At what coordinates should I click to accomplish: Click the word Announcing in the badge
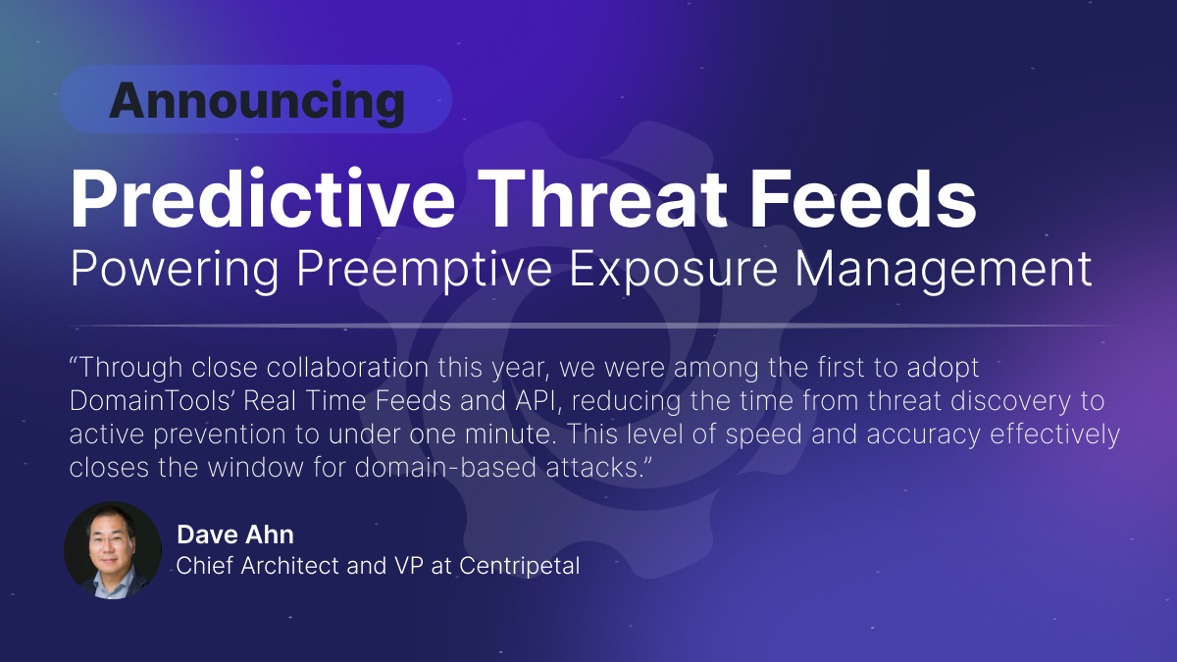pyautogui.click(x=257, y=102)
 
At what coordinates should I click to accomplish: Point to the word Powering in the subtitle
pyautogui.click(x=175, y=270)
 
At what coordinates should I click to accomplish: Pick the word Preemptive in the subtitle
pyautogui.click(x=424, y=270)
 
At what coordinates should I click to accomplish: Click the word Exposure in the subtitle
pyautogui.click(x=673, y=270)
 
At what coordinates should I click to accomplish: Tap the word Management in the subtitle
pyautogui.click(x=944, y=270)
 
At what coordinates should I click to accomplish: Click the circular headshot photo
pyautogui.click(x=113, y=550)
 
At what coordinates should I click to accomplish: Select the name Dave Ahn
pyautogui.click(x=235, y=535)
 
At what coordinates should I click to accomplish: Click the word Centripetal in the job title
pyautogui.click(x=519, y=566)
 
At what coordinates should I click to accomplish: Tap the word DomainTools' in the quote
pyautogui.click(x=151, y=401)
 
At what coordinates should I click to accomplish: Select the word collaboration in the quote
pyautogui.click(x=347, y=367)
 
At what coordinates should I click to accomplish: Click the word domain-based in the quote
pyautogui.click(x=445, y=467)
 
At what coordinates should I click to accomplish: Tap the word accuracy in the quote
pyautogui.click(x=923, y=435)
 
